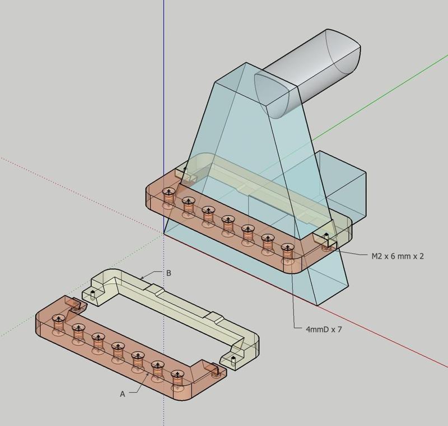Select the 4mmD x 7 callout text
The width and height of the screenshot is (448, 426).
pyautogui.click(x=318, y=329)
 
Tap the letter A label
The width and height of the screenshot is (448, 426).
pyautogui.click(x=123, y=394)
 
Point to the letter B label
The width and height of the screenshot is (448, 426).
pyautogui.click(x=169, y=274)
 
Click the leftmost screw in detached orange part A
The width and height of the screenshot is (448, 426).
pyautogui.click(x=58, y=321)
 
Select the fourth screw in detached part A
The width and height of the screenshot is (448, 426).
pyautogui.click(x=118, y=349)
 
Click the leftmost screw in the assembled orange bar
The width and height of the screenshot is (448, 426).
pyautogui.click(x=167, y=196)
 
